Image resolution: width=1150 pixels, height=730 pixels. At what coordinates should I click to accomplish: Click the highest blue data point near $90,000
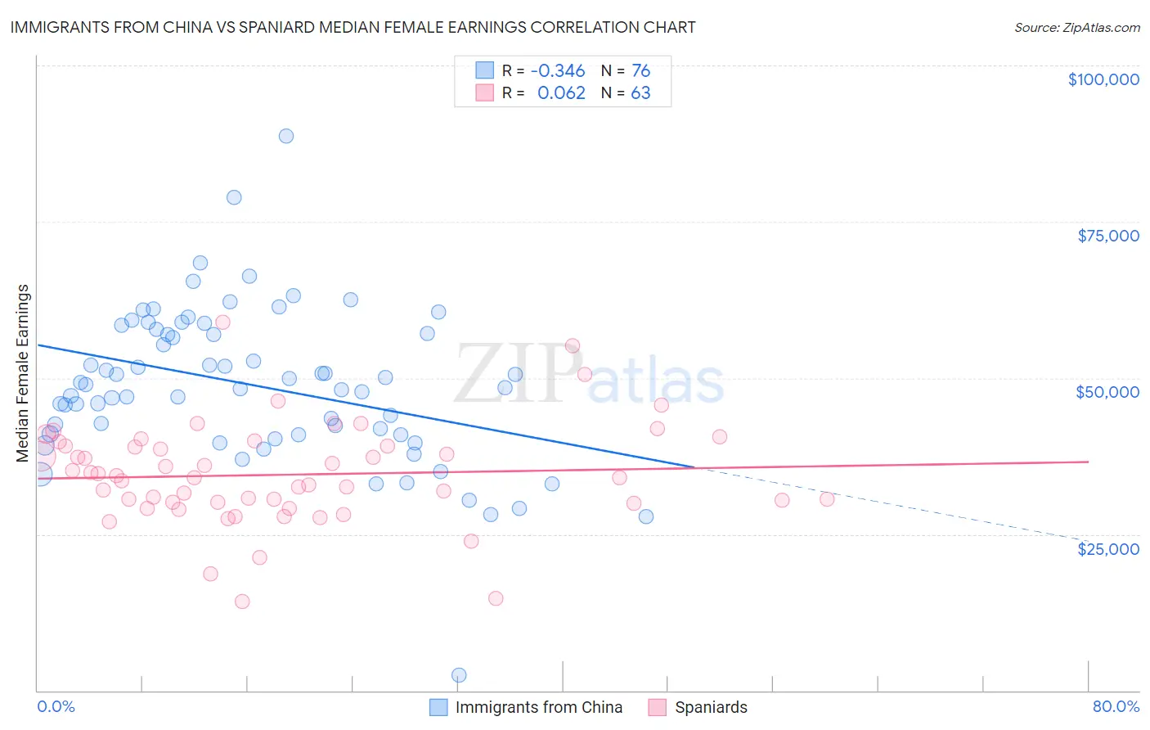(x=285, y=136)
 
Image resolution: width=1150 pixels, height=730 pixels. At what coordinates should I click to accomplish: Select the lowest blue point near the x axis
(x=459, y=675)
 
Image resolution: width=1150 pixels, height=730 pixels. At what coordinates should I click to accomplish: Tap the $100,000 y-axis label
(x=1103, y=79)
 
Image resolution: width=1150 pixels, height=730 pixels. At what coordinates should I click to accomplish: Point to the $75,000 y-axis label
(x=1108, y=236)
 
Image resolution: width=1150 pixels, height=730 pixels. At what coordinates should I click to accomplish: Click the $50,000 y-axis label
(x=1107, y=392)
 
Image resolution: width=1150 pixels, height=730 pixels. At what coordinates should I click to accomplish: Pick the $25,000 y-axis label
(x=1108, y=548)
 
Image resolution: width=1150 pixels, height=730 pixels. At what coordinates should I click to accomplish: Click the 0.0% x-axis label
(x=56, y=706)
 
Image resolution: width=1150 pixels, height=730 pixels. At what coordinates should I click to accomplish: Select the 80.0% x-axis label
(x=1116, y=706)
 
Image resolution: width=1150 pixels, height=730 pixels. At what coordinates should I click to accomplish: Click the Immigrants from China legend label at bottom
(x=538, y=707)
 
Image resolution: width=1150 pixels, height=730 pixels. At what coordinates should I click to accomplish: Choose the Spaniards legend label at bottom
(x=711, y=707)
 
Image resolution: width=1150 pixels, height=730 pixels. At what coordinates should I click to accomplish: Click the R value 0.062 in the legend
(x=561, y=92)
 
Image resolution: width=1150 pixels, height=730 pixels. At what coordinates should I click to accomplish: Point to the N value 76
(x=640, y=70)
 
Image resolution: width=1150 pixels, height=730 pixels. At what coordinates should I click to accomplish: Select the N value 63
(x=640, y=92)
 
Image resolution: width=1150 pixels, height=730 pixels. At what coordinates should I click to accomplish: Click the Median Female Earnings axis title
(x=23, y=373)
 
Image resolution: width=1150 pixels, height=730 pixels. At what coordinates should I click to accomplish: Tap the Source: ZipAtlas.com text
(x=1076, y=28)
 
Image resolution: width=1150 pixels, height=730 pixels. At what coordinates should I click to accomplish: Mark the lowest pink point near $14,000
(x=242, y=602)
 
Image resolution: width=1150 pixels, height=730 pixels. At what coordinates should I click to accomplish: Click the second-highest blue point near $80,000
(x=234, y=197)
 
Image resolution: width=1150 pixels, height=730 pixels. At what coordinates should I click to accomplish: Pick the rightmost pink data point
(x=827, y=499)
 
